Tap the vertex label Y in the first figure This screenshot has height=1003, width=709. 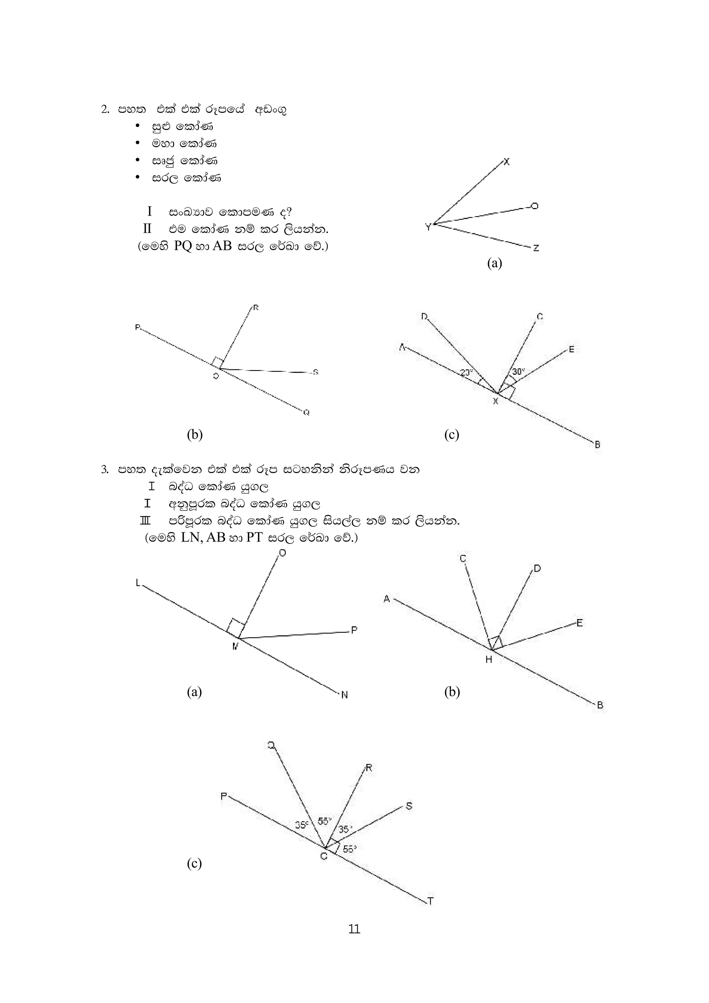[x=428, y=227]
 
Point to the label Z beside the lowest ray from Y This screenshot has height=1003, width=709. [x=536, y=248]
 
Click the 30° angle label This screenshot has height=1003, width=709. [x=519, y=372]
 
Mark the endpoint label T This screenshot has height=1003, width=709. [x=430, y=901]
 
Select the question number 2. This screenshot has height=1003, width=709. [x=105, y=109]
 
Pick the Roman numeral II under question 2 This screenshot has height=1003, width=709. [x=147, y=228]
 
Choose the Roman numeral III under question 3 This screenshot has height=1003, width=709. [x=145, y=521]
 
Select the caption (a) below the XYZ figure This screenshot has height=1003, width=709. [x=494, y=263]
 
